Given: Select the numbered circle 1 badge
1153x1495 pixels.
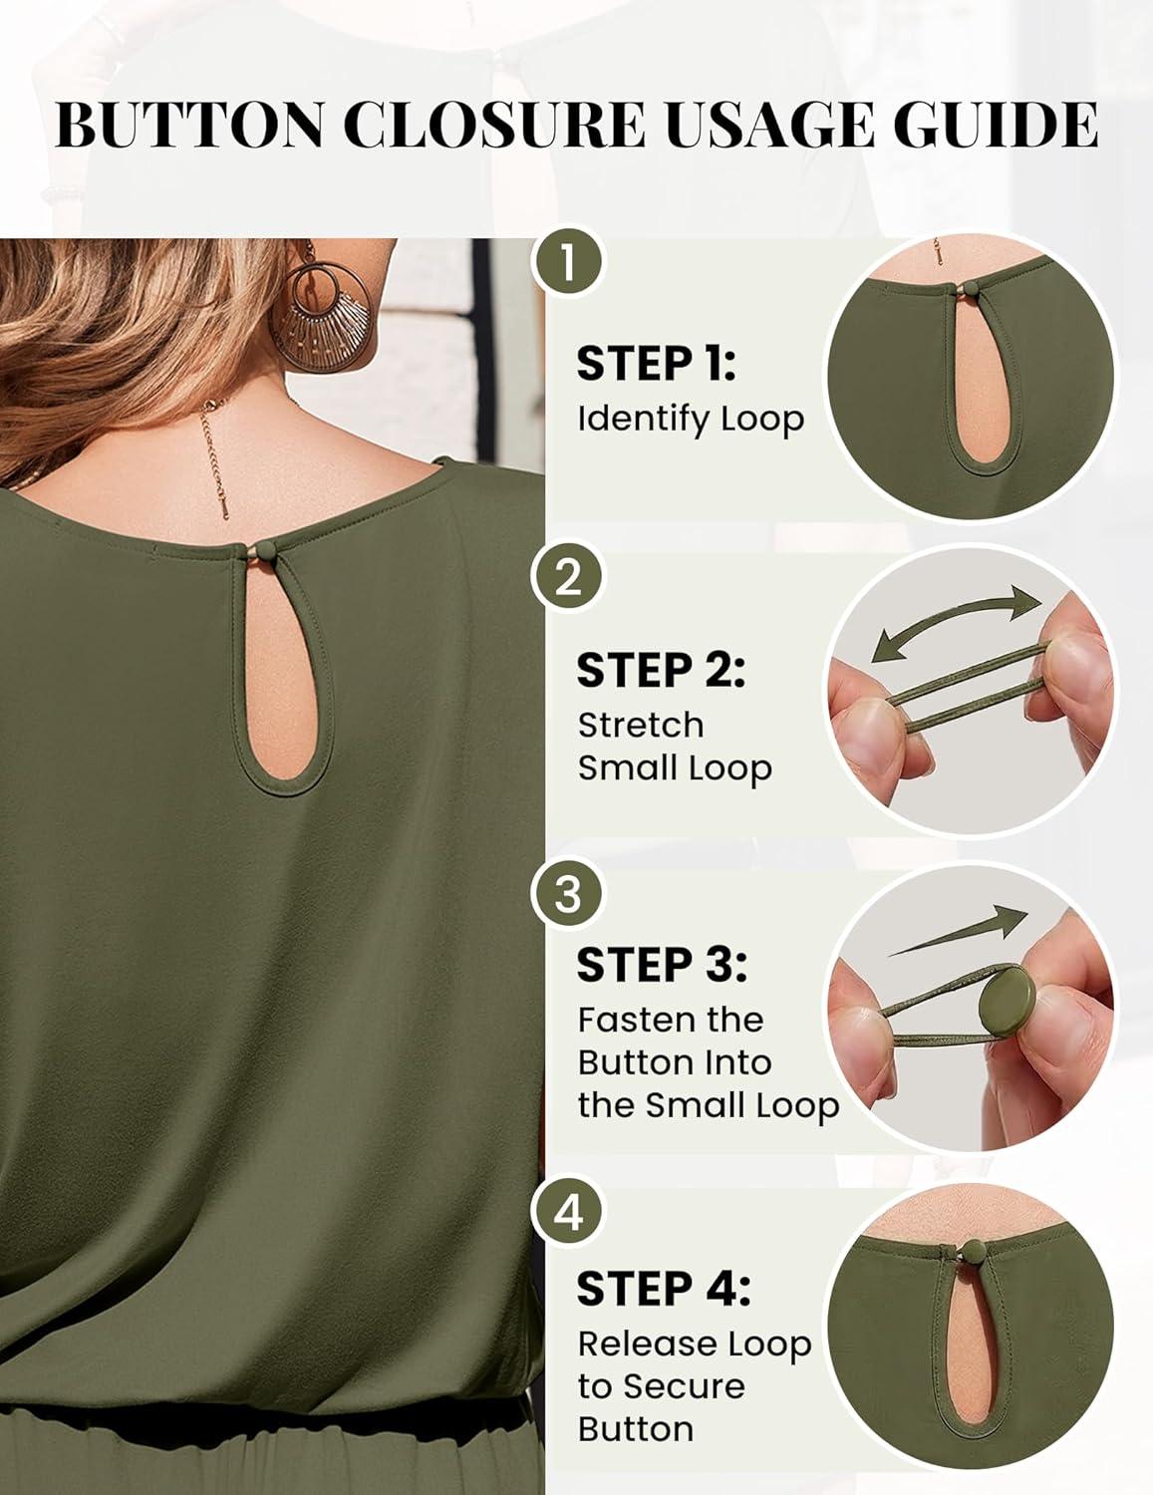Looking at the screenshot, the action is (x=567, y=265).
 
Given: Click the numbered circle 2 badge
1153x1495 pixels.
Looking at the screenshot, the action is (x=567, y=579).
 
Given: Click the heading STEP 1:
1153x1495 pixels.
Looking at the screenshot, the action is (x=656, y=364).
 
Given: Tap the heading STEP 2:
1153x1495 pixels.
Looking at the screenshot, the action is (x=661, y=670).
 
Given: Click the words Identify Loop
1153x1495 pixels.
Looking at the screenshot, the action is (x=691, y=420).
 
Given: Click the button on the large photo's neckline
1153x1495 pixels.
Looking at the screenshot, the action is (x=263, y=551).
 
